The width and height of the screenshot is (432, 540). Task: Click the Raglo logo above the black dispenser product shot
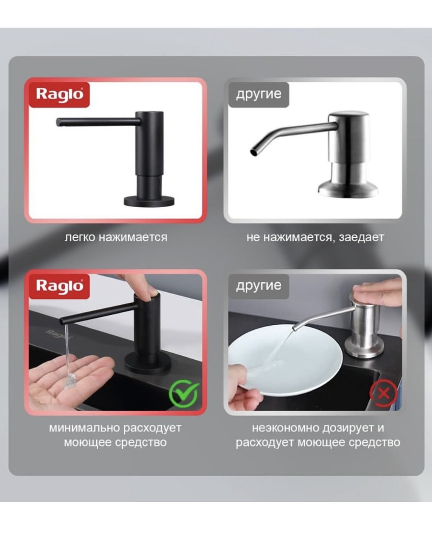click(x=59, y=95)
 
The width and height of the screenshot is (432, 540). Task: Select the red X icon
click(x=383, y=394)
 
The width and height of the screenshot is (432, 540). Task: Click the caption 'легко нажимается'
click(x=116, y=237)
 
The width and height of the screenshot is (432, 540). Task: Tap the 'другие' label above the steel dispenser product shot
click(x=259, y=94)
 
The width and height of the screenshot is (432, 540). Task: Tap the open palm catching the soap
click(x=70, y=378)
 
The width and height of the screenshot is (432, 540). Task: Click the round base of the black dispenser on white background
click(x=149, y=201)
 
